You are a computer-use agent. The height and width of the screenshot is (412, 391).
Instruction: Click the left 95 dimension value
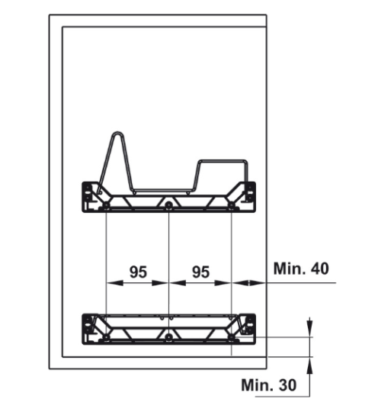tap(138, 272)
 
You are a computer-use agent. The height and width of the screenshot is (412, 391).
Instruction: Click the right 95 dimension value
tap(200, 272)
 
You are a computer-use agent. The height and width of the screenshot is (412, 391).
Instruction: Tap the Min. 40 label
tap(301, 269)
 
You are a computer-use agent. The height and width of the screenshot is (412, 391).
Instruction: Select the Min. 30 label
tap(268, 385)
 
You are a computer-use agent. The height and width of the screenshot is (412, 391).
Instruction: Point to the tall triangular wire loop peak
tap(117, 136)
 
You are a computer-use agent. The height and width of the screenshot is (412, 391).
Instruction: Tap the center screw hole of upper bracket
tap(168, 205)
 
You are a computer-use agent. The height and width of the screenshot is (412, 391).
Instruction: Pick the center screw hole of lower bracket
tap(168, 336)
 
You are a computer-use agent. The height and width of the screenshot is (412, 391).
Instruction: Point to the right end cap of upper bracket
tap(247, 195)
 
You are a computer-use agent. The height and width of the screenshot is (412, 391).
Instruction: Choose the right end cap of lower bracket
tap(247, 326)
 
